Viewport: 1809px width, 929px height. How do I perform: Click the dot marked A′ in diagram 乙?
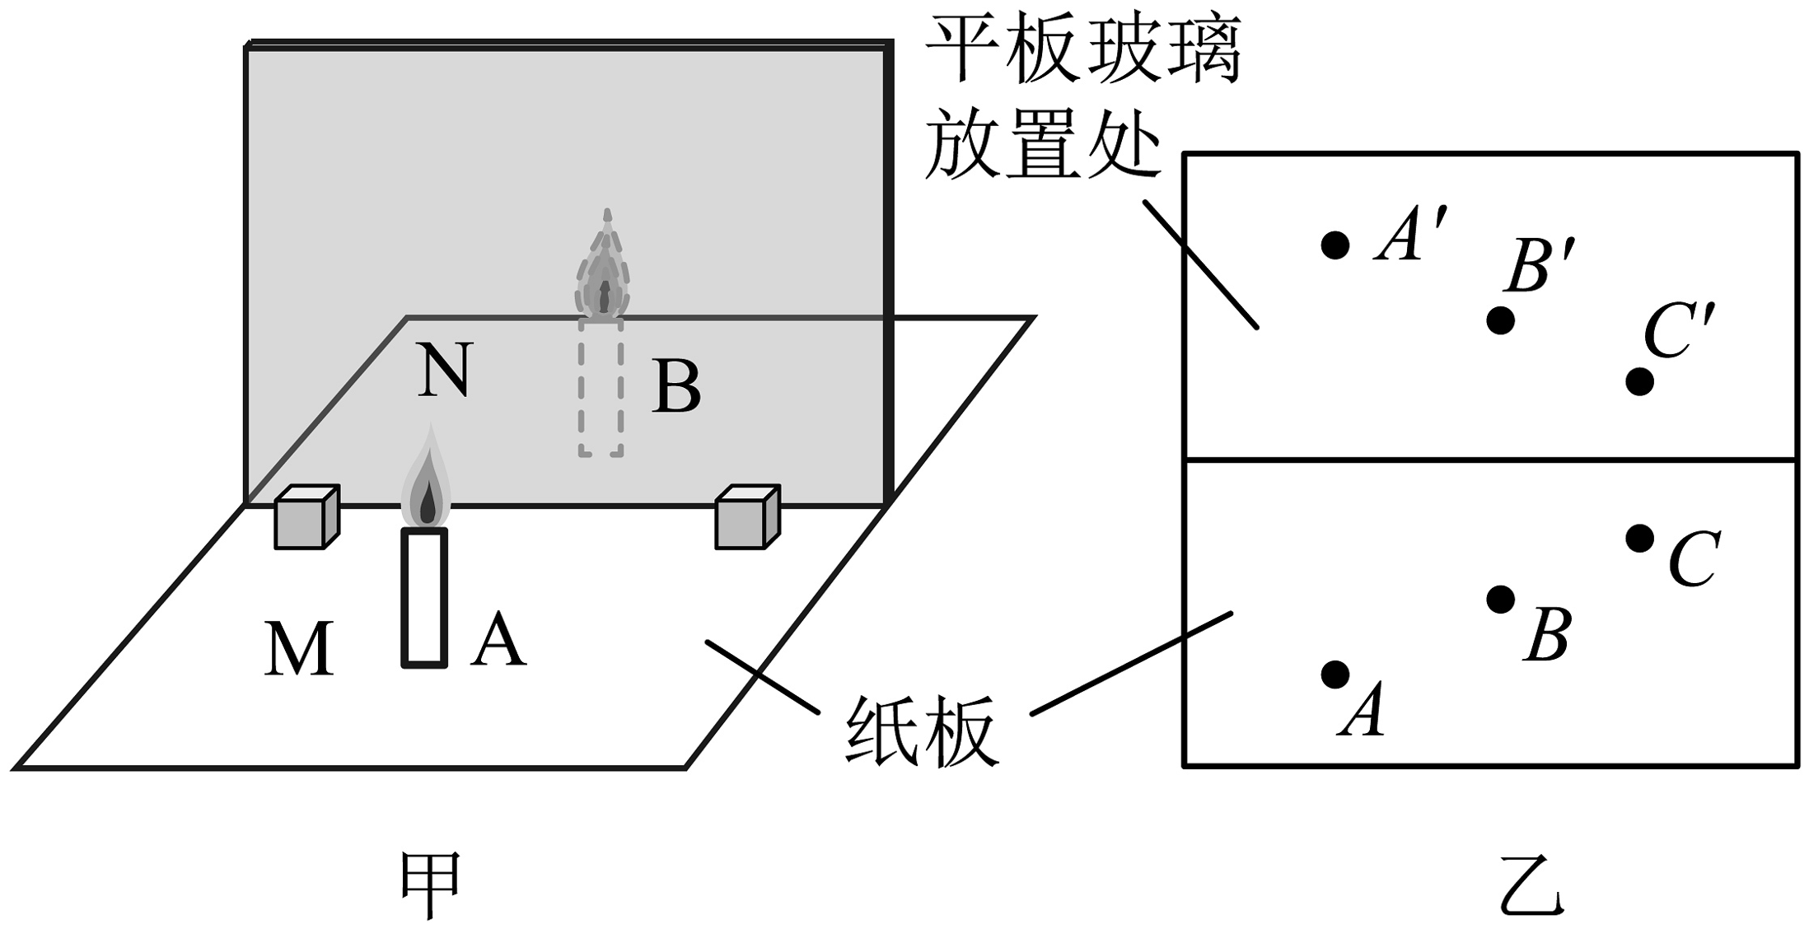click(1335, 245)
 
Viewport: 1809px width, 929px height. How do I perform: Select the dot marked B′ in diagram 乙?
click(1500, 320)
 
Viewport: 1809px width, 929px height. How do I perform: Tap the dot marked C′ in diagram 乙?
click(1639, 381)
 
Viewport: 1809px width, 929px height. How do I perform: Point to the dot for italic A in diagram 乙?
click(1335, 675)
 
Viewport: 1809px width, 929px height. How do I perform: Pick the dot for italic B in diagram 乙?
click(1500, 600)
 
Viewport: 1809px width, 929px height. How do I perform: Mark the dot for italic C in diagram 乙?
click(1639, 539)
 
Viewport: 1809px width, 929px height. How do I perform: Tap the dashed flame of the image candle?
click(605, 272)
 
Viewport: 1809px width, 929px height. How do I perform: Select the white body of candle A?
click(424, 598)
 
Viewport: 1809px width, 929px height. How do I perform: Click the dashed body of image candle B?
click(601, 387)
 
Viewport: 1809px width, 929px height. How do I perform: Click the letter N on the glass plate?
click(445, 371)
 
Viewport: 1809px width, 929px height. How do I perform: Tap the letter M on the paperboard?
click(299, 649)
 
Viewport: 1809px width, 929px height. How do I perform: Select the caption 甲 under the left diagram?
click(430, 885)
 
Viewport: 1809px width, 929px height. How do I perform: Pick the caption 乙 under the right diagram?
click(1530, 886)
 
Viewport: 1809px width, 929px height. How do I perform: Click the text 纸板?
click(923, 732)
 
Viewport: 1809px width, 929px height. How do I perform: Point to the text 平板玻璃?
click(1084, 50)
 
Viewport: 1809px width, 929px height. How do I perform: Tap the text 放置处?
click(1043, 147)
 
